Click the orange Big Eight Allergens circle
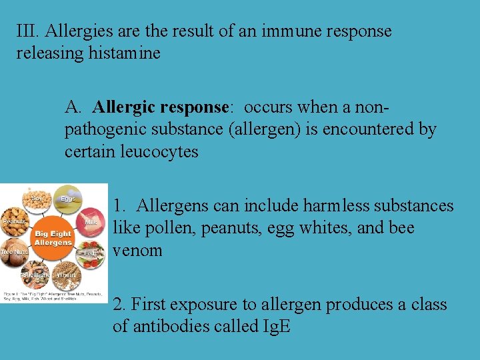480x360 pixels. coord(53,237)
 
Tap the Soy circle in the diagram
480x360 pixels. coord(37,201)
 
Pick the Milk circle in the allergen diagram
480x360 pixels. coord(91,223)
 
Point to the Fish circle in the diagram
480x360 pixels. coord(91,255)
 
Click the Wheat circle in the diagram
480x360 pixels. coord(67,275)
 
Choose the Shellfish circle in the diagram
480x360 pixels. coord(35,274)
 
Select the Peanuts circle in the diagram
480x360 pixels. coord(15,222)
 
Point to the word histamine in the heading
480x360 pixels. coord(125,53)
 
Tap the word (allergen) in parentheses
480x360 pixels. coord(265,129)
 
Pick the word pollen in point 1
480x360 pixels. coord(157,228)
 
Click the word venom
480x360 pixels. coord(137,251)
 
